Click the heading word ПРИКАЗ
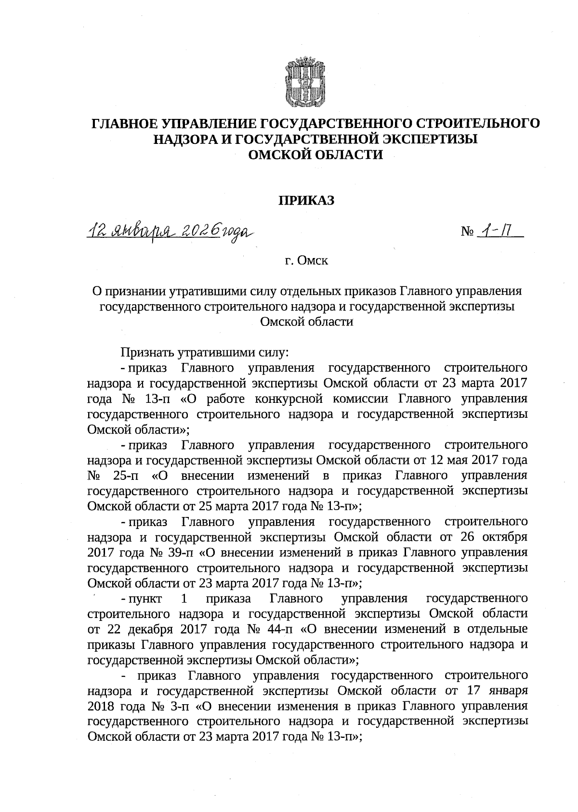[x=307, y=201]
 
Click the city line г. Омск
[x=306, y=261]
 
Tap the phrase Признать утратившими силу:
[x=204, y=352]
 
